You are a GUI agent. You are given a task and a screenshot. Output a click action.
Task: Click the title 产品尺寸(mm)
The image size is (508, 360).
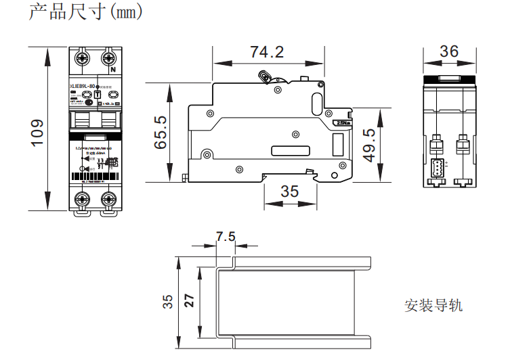click(86, 13)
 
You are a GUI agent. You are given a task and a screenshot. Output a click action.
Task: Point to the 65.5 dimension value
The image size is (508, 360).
click(161, 132)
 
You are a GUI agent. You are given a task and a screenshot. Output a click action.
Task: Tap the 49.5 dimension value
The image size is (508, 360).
click(369, 145)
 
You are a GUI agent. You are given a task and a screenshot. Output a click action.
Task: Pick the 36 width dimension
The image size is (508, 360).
click(448, 51)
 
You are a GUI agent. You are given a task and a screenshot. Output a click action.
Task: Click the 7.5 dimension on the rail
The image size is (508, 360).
click(226, 237)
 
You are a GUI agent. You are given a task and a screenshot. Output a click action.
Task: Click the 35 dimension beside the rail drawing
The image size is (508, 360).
click(168, 302)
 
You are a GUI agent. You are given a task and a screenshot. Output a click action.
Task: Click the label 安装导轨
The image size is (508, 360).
click(433, 305)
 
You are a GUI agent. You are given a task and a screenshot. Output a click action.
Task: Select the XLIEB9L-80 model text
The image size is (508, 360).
click(83, 86)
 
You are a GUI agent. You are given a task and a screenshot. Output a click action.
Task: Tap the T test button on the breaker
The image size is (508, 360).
click(97, 95)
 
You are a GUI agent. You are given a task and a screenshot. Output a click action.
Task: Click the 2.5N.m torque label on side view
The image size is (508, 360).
click(343, 123)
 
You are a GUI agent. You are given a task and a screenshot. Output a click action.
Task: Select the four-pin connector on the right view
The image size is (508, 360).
click(436, 168)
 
